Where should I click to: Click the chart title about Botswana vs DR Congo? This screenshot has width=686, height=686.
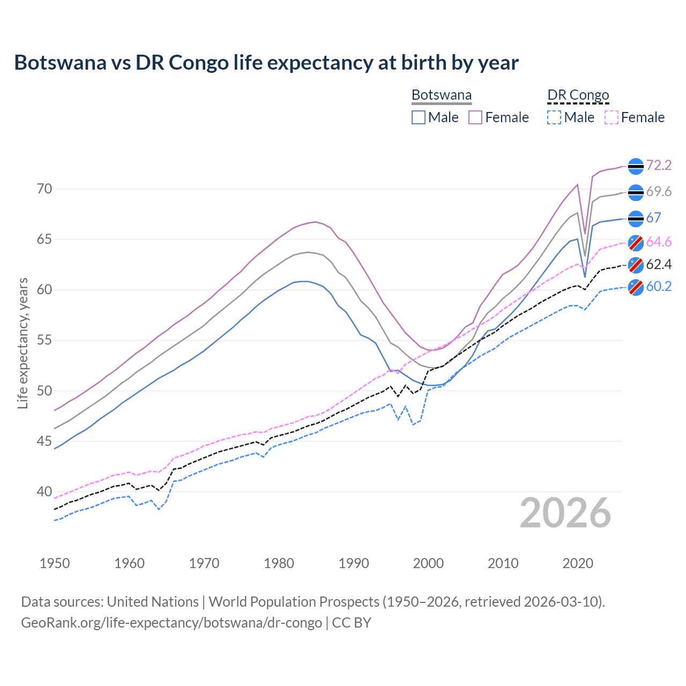[x=266, y=63]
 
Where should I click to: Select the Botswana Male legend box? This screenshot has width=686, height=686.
[x=419, y=117]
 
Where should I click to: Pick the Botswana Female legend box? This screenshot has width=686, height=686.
[x=475, y=117]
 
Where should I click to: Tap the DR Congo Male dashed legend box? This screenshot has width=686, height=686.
[x=554, y=117]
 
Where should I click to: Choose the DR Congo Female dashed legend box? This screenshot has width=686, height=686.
[x=611, y=117]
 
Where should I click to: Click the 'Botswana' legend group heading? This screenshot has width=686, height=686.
[x=442, y=95]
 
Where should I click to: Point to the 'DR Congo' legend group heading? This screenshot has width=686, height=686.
[x=578, y=95]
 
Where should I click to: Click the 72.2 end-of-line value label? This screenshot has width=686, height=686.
[x=659, y=165]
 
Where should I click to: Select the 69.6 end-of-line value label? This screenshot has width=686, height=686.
[x=659, y=191]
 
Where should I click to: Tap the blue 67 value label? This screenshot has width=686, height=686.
[x=653, y=218]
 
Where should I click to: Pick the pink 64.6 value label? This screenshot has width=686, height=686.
[x=659, y=242]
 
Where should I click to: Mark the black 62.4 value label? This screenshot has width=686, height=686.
[x=659, y=264]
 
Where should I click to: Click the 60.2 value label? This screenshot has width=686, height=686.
[x=659, y=287]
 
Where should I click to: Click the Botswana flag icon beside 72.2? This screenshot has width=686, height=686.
[x=636, y=166]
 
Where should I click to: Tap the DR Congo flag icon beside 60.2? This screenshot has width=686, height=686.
[x=636, y=287]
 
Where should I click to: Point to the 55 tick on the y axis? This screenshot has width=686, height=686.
[x=44, y=340]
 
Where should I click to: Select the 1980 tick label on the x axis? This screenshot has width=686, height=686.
[x=279, y=563]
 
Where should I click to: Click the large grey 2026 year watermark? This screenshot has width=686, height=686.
[x=565, y=513]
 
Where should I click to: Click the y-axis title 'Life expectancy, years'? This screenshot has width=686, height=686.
[x=23, y=343]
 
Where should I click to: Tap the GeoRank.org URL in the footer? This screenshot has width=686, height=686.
[x=171, y=623]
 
